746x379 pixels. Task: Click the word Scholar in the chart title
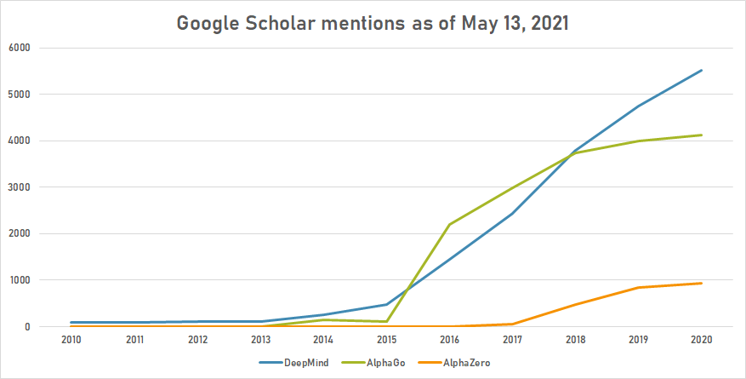[x=279, y=24]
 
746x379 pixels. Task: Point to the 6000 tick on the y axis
[x=19, y=48]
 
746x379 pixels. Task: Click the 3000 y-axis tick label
[x=19, y=187]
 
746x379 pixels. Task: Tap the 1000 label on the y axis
[x=19, y=280]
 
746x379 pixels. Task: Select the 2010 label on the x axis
[x=71, y=339]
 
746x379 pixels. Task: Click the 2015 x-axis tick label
[x=386, y=339]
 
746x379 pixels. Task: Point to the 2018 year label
[x=575, y=339]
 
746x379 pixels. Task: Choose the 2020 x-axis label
[x=701, y=339]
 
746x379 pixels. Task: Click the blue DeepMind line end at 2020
[x=701, y=70]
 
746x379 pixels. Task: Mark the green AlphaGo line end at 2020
[x=701, y=135]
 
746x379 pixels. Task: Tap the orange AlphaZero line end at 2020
[x=701, y=283]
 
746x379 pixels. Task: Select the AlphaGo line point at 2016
[x=449, y=224]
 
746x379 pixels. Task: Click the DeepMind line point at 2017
[x=512, y=213]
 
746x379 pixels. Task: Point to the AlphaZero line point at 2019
[x=638, y=287]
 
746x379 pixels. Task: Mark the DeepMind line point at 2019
[x=638, y=106]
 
